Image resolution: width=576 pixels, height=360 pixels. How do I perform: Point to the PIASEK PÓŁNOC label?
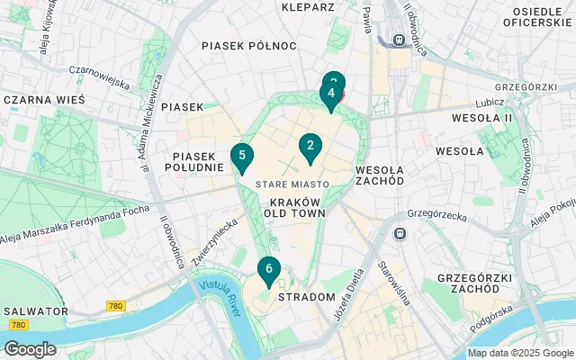coord(249,45)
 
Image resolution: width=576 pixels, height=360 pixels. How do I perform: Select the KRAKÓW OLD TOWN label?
coord(294,208)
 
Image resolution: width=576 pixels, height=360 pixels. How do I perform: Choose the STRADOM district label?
coord(306,296)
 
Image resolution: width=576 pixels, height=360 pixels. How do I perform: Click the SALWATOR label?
coord(35,310)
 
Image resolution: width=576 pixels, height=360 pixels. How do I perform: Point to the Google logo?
coord(30,349)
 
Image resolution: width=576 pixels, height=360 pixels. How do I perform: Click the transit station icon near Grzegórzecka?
coord(400,233)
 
